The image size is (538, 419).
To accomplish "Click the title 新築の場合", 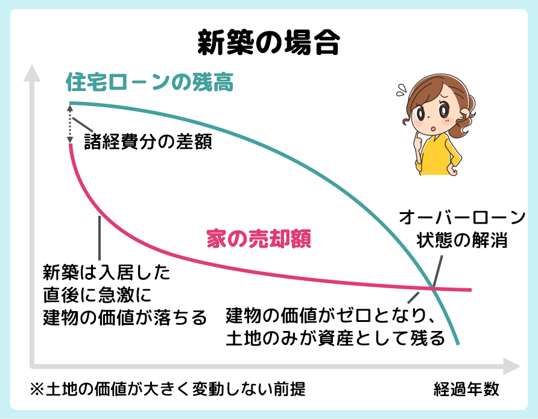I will [269, 43].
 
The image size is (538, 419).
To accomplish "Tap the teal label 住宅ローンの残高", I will [149, 83].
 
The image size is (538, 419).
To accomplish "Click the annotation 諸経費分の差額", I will [148, 142].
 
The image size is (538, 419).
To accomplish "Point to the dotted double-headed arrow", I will [71, 124].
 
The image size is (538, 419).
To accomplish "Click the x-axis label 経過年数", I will [466, 389].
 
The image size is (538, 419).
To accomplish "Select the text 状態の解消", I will [462, 241].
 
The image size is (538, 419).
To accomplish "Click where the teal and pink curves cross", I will [433, 288].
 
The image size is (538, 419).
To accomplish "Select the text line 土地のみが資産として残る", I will [335, 337].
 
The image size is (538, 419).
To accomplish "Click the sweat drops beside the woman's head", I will [400, 91].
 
